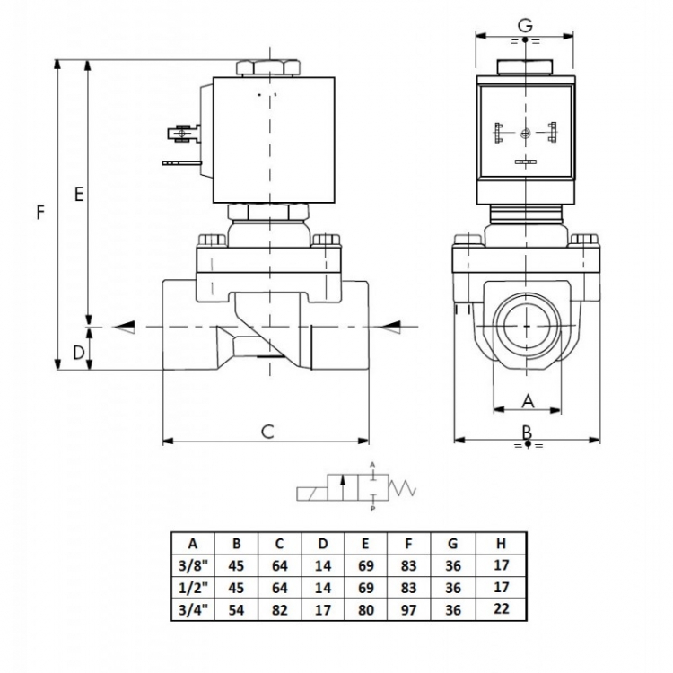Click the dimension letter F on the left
click(40, 213)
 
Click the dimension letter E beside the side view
click(79, 195)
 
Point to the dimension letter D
click(79, 353)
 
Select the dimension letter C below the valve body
click(267, 431)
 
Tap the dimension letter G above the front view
click(525, 25)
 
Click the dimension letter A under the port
click(528, 401)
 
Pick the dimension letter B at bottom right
click(527, 432)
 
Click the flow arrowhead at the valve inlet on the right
click(389, 327)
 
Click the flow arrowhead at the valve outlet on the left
click(124, 327)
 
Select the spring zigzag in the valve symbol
click(402, 487)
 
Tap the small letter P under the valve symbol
click(372, 509)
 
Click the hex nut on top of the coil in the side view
click(267, 69)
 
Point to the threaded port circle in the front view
click(527, 327)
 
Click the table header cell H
click(501, 544)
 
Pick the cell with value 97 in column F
click(408, 609)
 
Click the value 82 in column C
click(279, 609)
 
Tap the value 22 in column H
click(501, 608)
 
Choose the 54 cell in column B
click(236, 609)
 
